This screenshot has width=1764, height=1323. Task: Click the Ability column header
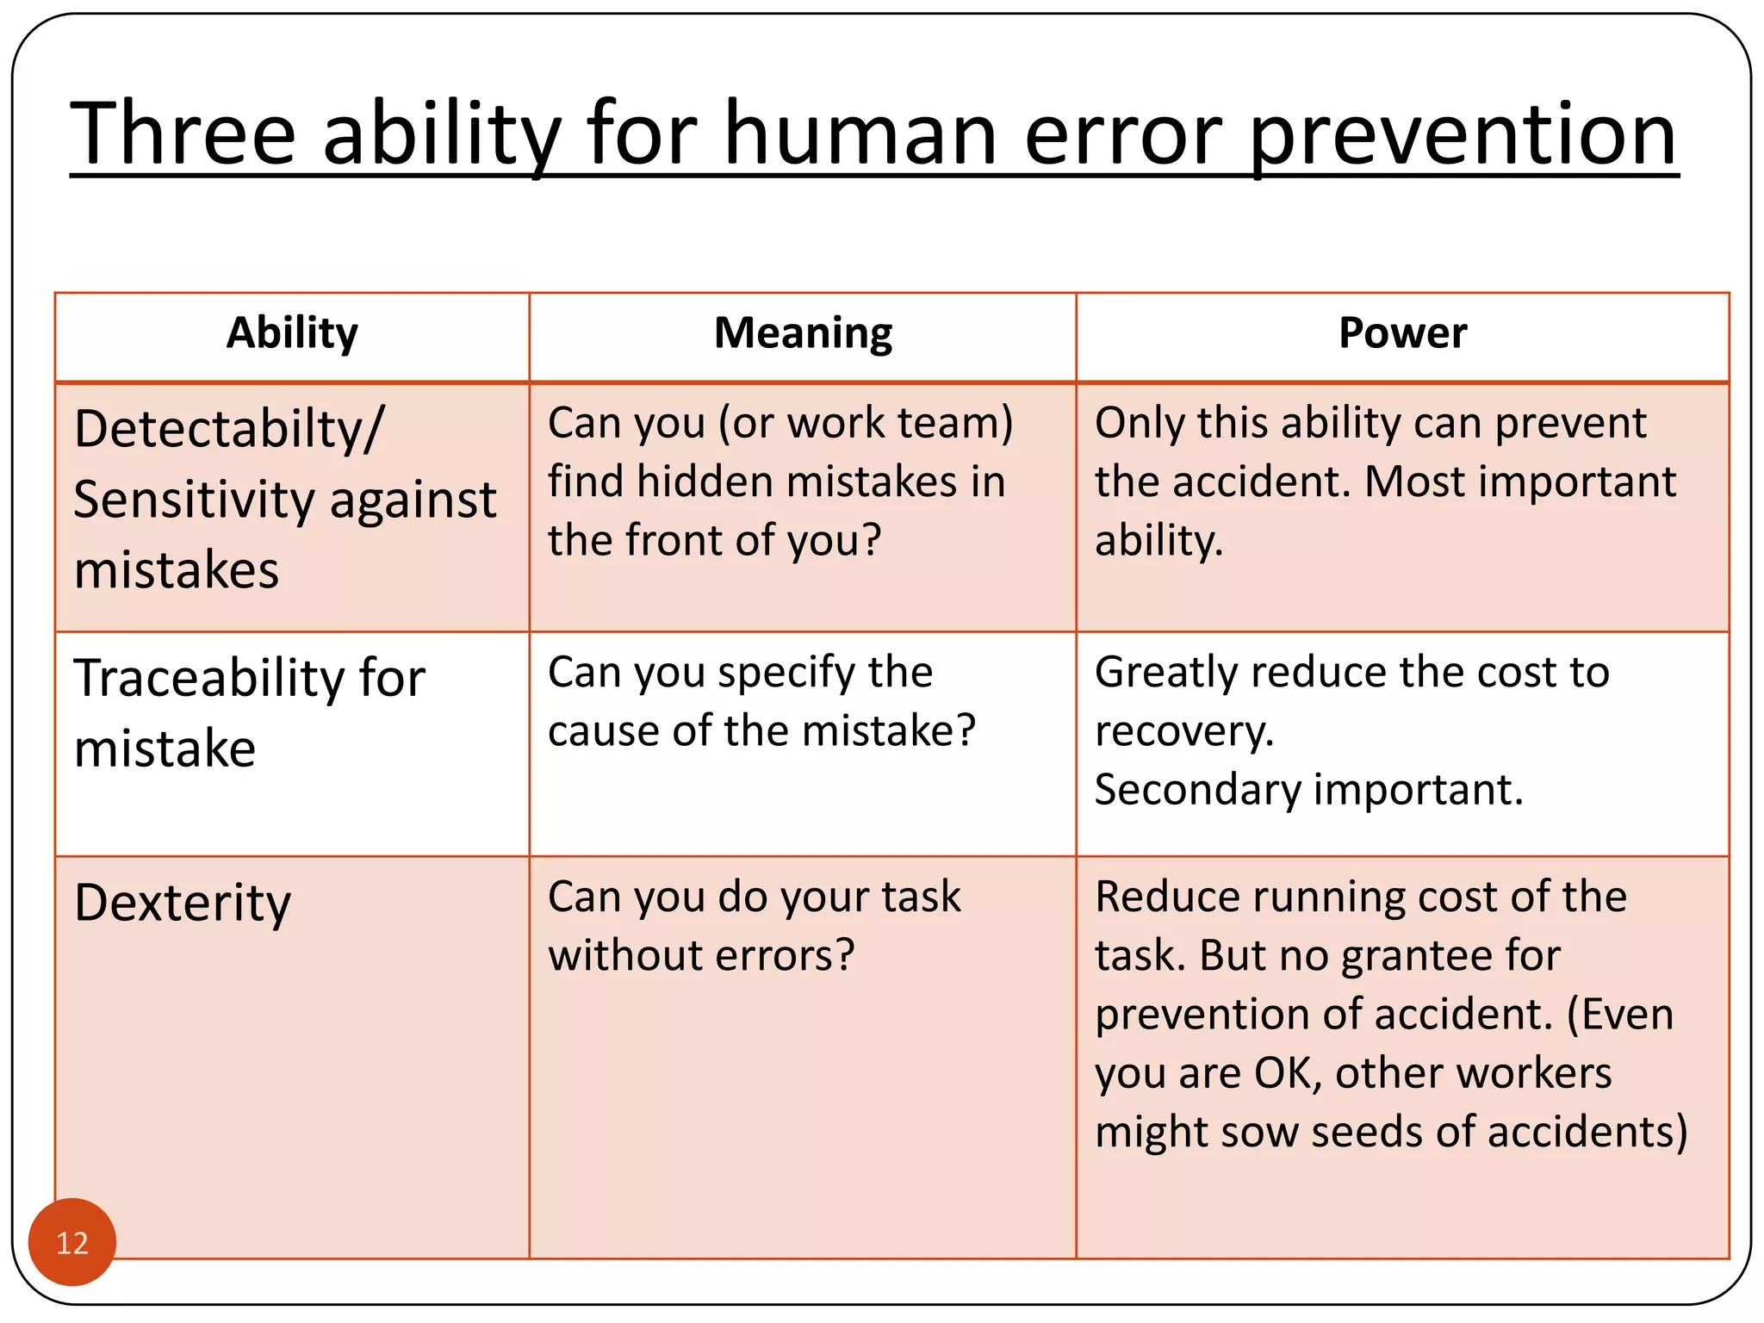pyautogui.click(x=292, y=333)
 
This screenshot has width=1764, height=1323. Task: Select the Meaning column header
pyautogui.click(x=803, y=333)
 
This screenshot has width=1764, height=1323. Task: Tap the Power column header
pyautogui.click(x=1402, y=333)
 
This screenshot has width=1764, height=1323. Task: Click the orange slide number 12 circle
pyautogui.click(x=72, y=1242)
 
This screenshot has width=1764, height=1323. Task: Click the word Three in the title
pyautogui.click(x=183, y=134)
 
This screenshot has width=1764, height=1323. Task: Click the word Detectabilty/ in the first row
pyautogui.click(x=229, y=429)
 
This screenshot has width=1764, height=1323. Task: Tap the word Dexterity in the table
pyautogui.click(x=183, y=904)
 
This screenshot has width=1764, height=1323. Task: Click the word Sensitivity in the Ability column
pyautogui.click(x=195, y=500)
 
